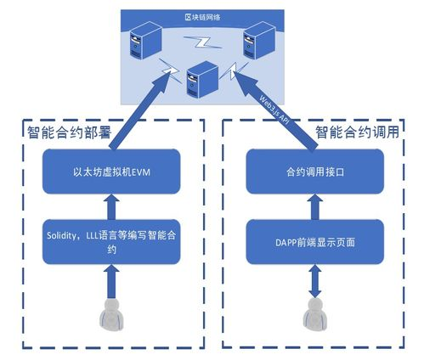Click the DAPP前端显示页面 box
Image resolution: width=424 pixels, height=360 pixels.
[310, 241]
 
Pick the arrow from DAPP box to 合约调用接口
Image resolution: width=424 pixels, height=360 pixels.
[311, 206]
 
